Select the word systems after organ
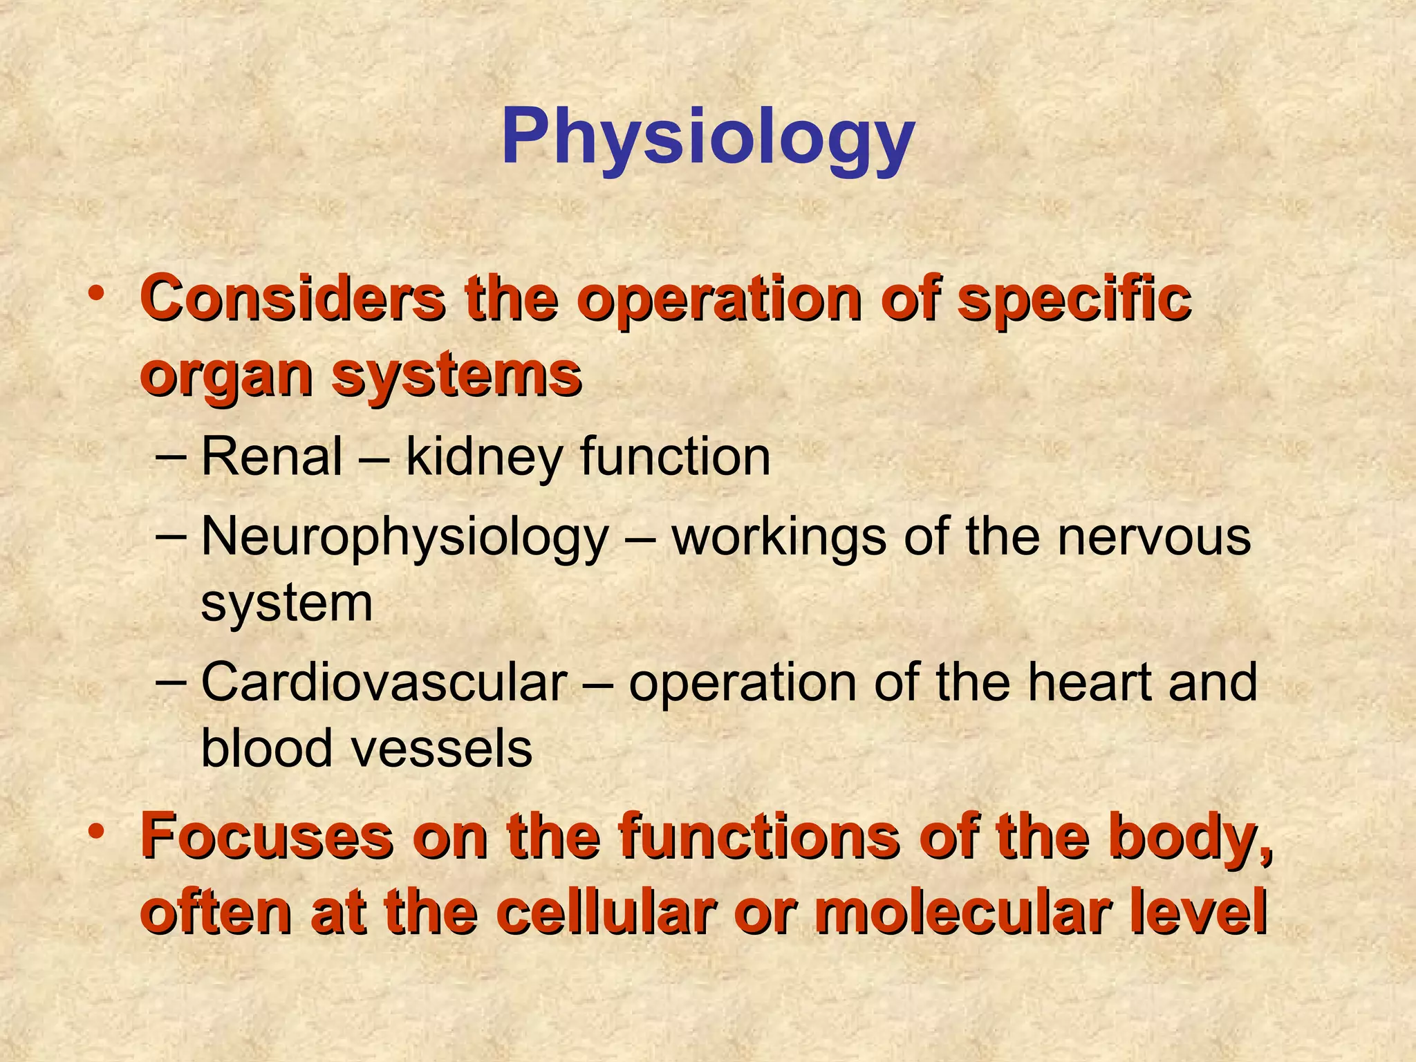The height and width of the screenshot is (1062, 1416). click(456, 377)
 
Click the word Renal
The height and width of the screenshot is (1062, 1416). click(272, 457)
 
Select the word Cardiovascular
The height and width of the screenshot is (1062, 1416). click(384, 682)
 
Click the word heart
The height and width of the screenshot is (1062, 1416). click(1088, 682)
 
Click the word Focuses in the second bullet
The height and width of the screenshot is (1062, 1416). click(266, 838)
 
